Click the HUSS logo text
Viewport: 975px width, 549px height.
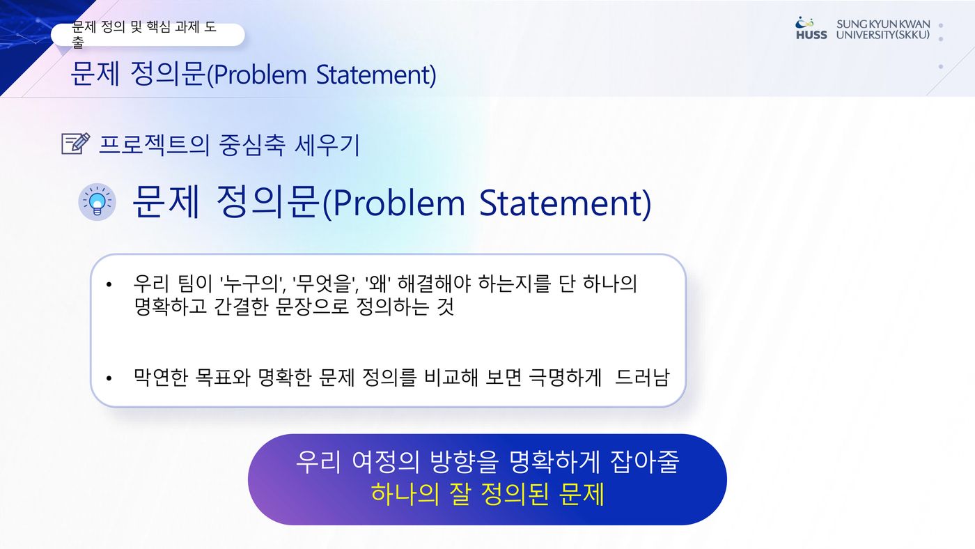coord(811,35)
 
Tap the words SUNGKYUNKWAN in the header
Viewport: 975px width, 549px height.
coord(883,24)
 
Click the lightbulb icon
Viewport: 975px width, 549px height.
coord(97,201)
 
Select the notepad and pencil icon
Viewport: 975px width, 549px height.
coord(76,144)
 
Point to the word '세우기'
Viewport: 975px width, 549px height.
coord(327,144)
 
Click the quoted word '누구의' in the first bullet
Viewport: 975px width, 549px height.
coord(249,284)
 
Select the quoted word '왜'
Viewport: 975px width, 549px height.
coord(377,284)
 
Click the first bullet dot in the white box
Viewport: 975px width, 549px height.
coord(109,285)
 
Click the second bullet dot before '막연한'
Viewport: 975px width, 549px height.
coord(109,378)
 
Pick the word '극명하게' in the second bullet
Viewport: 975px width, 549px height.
coord(565,377)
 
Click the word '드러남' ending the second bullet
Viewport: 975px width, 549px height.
coord(642,377)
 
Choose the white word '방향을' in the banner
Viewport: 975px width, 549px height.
coord(464,462)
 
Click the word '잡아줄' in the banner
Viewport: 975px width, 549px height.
coord(645,462)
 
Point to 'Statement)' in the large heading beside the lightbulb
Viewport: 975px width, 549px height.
coord(565,203)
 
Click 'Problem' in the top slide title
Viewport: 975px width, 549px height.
coord(260,75)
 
